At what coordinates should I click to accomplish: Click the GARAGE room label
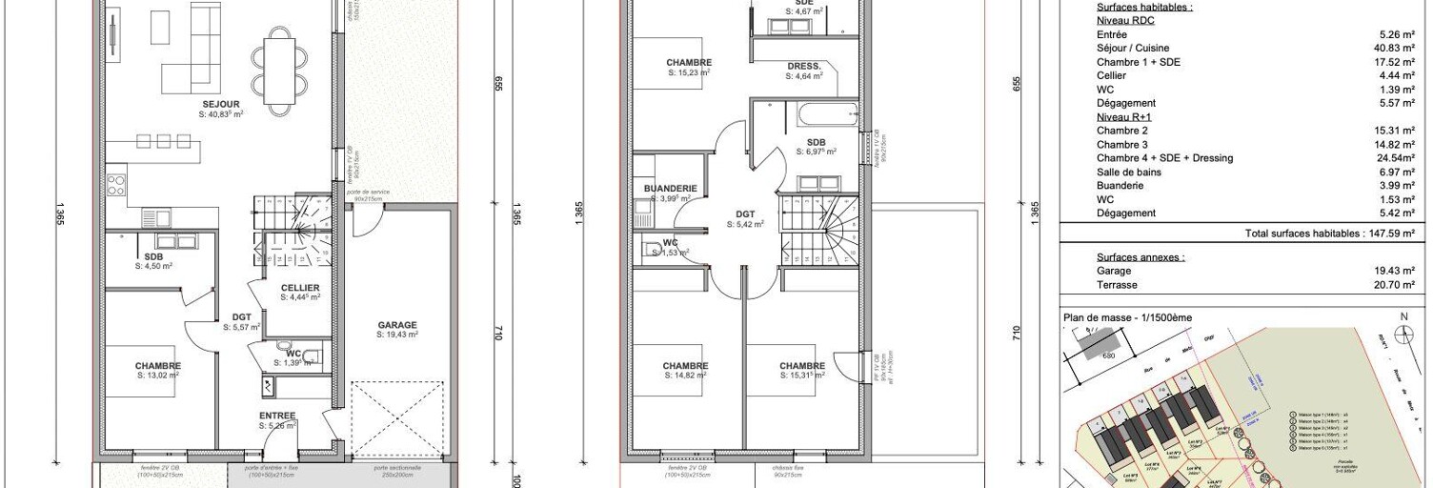pos(396,325)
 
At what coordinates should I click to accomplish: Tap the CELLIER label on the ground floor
pos(300,288)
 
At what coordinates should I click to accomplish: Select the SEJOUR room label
pos(220,104)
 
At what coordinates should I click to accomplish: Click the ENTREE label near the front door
pos(277,416)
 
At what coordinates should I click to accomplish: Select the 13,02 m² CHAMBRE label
pos(157,366)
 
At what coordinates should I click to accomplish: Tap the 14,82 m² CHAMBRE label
pos(685,366)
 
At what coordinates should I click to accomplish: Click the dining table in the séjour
pos(281,71)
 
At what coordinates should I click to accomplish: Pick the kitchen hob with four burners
pos(116,184)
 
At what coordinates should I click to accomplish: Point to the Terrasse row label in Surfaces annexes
pos(1117,285)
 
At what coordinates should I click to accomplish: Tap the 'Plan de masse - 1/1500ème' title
pos(1126,317)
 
